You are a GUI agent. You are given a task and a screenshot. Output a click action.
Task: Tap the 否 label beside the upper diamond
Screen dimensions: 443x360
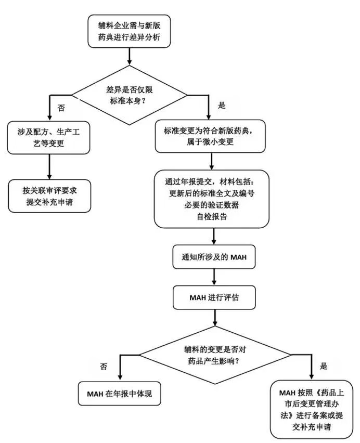tap(61, 108)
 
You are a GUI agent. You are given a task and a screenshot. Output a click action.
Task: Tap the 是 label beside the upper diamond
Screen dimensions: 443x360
tap(221, 106)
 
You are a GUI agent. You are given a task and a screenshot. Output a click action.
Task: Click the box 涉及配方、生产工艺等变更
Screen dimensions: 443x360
tap(49, 137)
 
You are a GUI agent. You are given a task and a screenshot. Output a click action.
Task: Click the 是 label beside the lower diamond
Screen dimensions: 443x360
tap(324, 367)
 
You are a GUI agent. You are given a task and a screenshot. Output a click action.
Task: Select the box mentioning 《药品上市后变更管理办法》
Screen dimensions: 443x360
tap(312, 410)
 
